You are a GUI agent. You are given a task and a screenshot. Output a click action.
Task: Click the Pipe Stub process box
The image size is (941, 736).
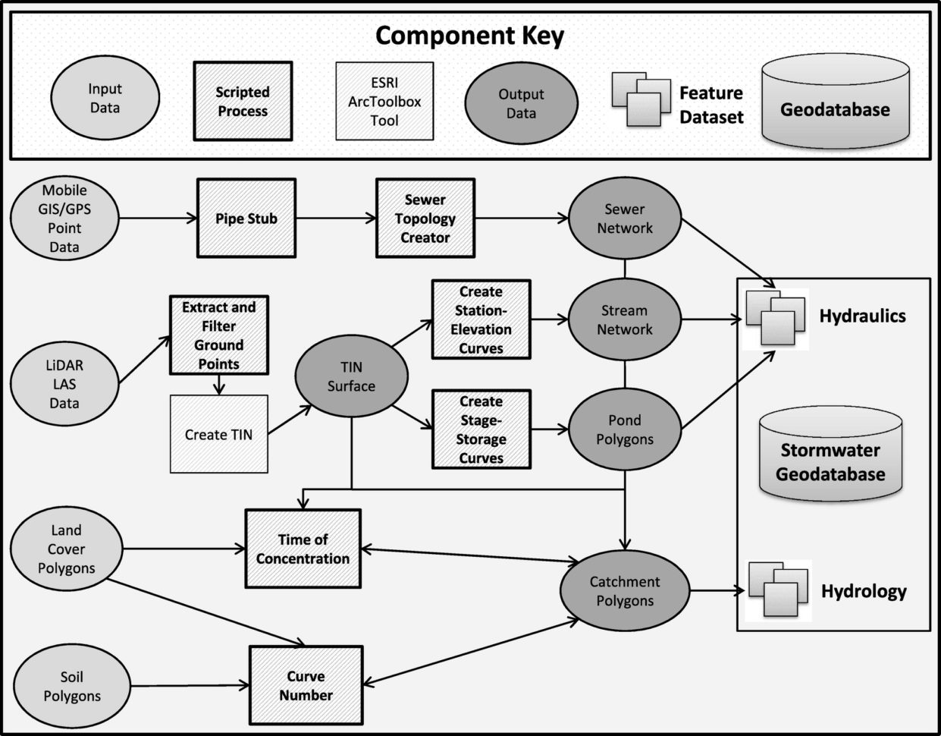[x=246, y=219]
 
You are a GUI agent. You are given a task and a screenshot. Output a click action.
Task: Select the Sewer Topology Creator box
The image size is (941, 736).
[x=425, y=219]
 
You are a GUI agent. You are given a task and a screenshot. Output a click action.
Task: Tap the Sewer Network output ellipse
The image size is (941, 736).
[x=624, y=219]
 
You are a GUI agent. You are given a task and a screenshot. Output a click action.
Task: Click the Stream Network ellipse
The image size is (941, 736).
[x=624, y=320]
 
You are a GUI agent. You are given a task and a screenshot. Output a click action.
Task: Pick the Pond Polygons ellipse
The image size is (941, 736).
[x=624, y=430]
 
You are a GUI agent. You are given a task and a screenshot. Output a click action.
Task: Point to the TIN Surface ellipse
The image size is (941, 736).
[x=351, y=377]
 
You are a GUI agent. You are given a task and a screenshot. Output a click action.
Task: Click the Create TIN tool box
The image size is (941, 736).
[x=218, y=435]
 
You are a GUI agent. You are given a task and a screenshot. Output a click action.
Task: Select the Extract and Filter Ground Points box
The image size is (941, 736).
[x=218, y=335]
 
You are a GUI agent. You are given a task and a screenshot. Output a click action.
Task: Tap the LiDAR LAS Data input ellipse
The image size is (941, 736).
[x=64, y=385]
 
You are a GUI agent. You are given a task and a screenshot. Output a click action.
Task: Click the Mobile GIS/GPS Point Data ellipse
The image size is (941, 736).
[x=64, y=219]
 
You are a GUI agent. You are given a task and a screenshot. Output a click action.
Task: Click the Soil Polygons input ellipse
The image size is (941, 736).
[x=71, y=686]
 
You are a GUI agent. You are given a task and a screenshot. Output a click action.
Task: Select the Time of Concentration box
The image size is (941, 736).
[x=303, y=549]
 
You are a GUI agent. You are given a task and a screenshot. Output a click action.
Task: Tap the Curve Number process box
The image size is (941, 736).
[x=306, y=686]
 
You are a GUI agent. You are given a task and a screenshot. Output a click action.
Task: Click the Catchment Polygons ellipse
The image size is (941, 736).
[x=624, y=591]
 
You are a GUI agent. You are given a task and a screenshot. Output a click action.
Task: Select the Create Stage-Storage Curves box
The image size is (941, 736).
[x=481, y=429]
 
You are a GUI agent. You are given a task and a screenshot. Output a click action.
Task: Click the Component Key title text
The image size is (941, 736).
[x=469, y=36]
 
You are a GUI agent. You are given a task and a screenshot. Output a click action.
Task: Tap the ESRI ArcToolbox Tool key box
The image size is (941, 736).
[x=384, y=102]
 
